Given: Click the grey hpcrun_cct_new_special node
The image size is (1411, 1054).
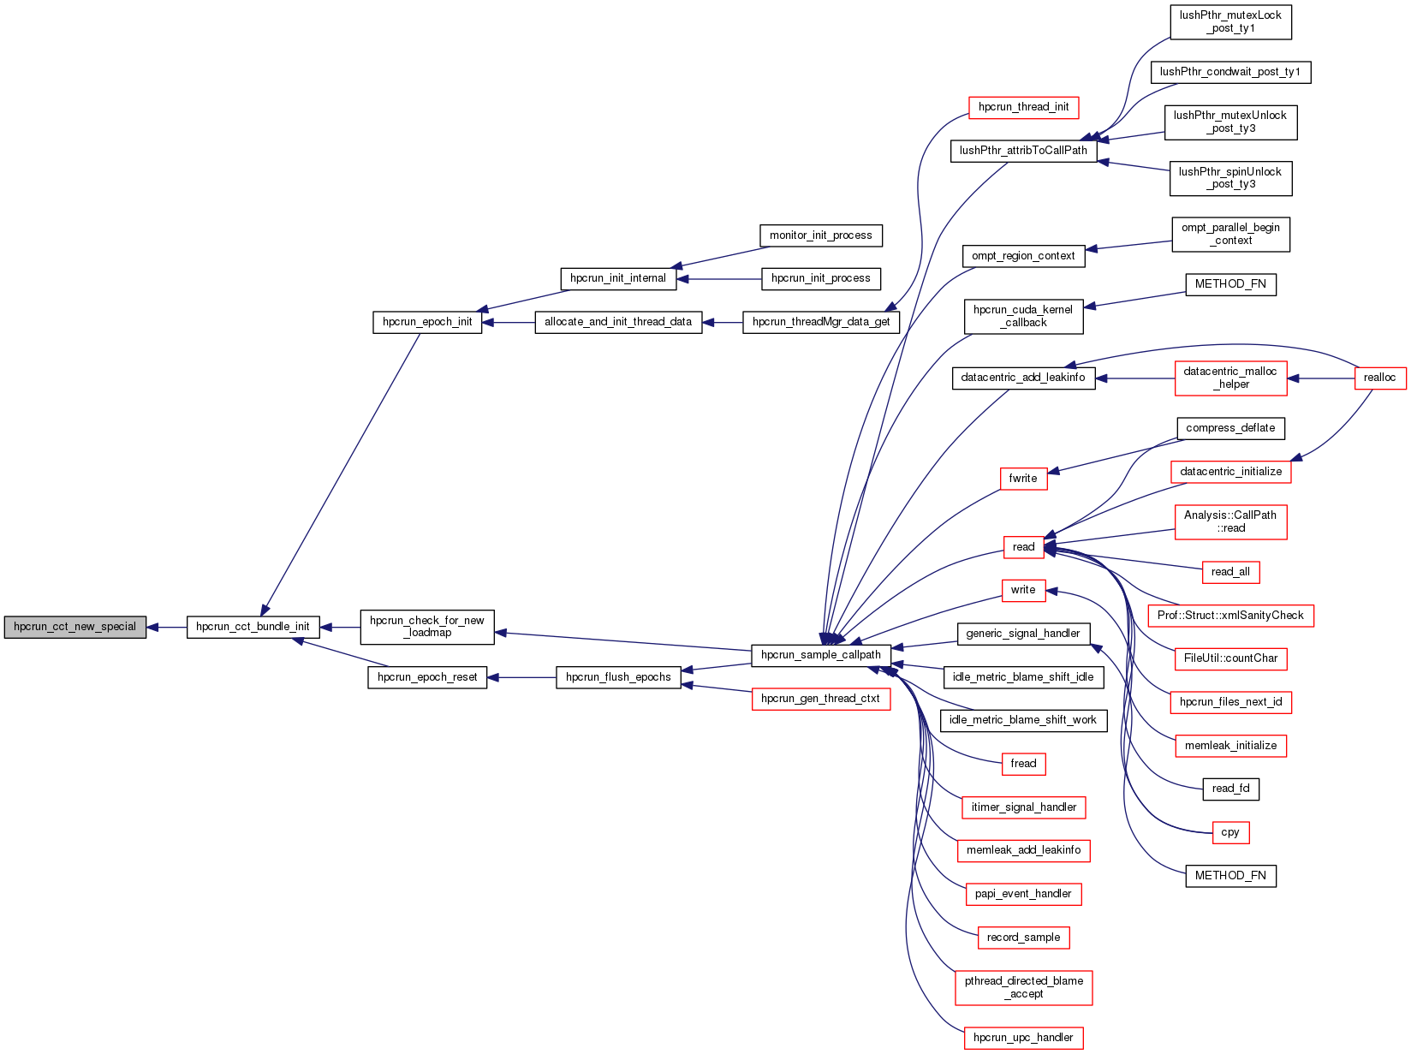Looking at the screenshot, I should click(x=75, y=627).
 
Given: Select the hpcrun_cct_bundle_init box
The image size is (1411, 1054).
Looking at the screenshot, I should click(x=253, y=627).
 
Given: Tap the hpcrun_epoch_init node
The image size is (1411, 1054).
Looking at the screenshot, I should click(x=427, y=323).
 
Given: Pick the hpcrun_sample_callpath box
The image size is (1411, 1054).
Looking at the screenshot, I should click(x=820, y=655).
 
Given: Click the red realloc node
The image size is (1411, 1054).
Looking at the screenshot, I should click(x=1379, y=378).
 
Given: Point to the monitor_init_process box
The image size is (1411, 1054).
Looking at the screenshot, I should click(x=820, y=235).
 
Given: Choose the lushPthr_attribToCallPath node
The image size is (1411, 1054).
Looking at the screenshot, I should click(x=1023, y=151).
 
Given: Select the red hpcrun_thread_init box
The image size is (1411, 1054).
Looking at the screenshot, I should click(x=1023, y=107).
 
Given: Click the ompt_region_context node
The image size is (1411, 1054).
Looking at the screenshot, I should click(x=1023, y=256).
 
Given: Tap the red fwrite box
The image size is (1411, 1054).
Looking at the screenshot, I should click(x=1022, y=479).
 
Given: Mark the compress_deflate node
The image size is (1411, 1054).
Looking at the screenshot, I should click(x=1230, y=428).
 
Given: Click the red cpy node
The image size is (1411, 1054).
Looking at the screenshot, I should click(x=1230, y=832).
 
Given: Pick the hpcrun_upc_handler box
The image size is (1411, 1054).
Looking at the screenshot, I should click(x=1023, y=1038).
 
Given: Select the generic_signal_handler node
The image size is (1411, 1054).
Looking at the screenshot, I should click(x=1023, y=634).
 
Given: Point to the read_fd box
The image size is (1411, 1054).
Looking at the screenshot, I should click(x=1230, y=789).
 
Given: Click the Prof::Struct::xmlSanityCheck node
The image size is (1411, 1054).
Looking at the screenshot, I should click(x=1230, y=616).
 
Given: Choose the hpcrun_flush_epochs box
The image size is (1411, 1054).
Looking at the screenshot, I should click(x=618, y=677).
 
